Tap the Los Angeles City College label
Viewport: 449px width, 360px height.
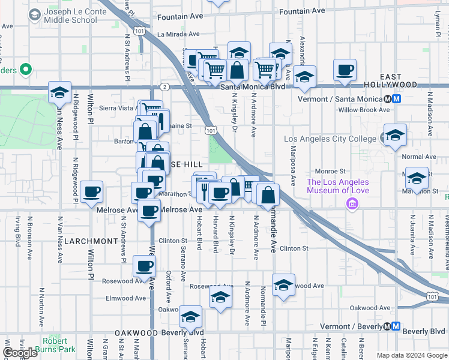(x=330, y=139)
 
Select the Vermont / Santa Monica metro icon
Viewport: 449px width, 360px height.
(x=393, y=99)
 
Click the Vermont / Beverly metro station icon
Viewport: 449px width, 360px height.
(x=396, y=326)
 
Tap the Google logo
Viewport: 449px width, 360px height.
(x=20, y=353)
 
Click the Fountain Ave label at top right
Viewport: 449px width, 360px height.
(x=302, y=11)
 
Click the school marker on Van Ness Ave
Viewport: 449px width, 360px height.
(x=59, y=92)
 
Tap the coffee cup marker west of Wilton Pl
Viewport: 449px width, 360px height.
(x=92, y=191)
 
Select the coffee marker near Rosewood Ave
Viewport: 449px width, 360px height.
(x=143, y=266)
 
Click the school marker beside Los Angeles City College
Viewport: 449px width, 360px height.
(x=395, y=135)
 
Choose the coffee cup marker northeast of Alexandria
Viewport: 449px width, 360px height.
(x=345, y=70)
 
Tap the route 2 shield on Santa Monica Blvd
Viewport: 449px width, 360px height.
(x=164, y=87)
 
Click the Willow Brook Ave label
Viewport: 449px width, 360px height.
(x=364, y=110)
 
